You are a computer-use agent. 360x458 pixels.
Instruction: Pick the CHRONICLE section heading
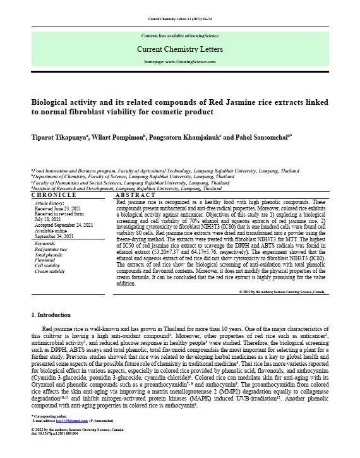51,196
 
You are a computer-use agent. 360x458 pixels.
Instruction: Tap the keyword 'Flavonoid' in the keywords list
45,258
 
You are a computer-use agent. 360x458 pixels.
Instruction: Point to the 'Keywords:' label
46,243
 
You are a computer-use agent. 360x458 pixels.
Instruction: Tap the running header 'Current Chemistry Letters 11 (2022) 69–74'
179,11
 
